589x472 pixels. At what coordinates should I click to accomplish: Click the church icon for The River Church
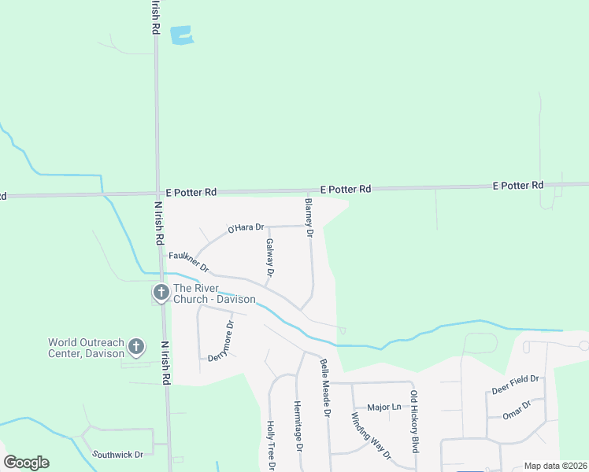[161, 293]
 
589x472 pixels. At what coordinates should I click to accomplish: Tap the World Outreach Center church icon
[136, 346]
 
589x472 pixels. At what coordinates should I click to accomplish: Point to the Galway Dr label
[269, 258]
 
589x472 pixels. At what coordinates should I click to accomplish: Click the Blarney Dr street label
[309, 218]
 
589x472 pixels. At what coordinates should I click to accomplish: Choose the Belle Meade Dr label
[324, 387]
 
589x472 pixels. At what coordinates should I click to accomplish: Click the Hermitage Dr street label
[298, 425]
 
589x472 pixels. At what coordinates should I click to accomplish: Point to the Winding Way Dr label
[370, 433]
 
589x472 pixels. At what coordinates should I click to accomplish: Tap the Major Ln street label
[384, 407]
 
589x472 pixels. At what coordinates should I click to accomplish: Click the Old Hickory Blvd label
[413, 421]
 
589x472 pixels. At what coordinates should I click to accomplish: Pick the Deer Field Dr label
[515, 384]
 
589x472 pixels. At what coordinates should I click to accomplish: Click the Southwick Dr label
[117, 455]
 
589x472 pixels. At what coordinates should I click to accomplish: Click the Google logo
[26, 463]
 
